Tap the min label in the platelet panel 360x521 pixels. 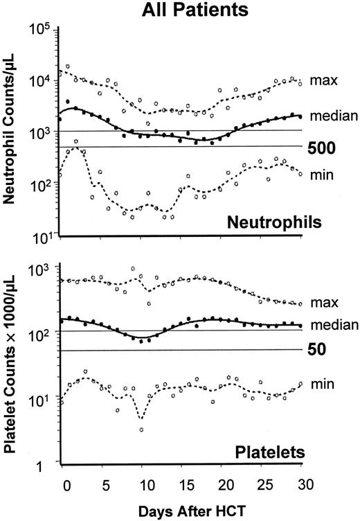point(323,383)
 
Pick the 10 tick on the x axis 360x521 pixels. point(141,483)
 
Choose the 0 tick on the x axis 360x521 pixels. point(62,483)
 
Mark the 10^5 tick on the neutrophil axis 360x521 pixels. point(44,30)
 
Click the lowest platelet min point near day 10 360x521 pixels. point(141,430)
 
